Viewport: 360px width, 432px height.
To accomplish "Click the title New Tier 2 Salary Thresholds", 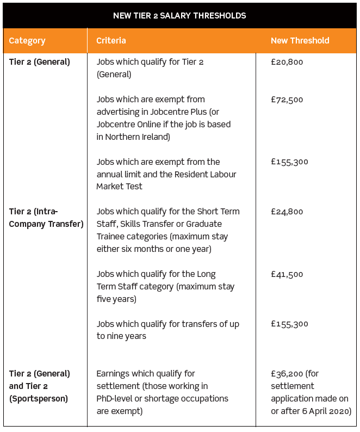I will tap(179, 16).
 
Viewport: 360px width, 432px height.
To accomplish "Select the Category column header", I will tap(27, 41).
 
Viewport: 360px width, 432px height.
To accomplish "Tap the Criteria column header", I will tap(111, 41).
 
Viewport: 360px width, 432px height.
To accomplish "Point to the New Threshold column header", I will tap(300, 41).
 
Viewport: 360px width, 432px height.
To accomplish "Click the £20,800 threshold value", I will tap(287, 62).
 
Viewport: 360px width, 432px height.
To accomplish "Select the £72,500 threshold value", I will tap(287, 100).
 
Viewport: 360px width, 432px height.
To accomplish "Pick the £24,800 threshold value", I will tap(287, 212).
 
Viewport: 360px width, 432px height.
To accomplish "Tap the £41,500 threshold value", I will tap(287, 274).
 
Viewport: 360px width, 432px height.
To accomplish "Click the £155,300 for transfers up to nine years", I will tap(289, 324).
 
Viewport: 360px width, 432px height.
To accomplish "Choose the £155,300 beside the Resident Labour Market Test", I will tap(289, 162).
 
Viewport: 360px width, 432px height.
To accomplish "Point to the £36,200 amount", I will tap(286, 374).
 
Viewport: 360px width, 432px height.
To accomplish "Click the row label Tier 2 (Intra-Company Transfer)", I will tap(46, 218).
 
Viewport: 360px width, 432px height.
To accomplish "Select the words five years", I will tap(116, 299).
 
